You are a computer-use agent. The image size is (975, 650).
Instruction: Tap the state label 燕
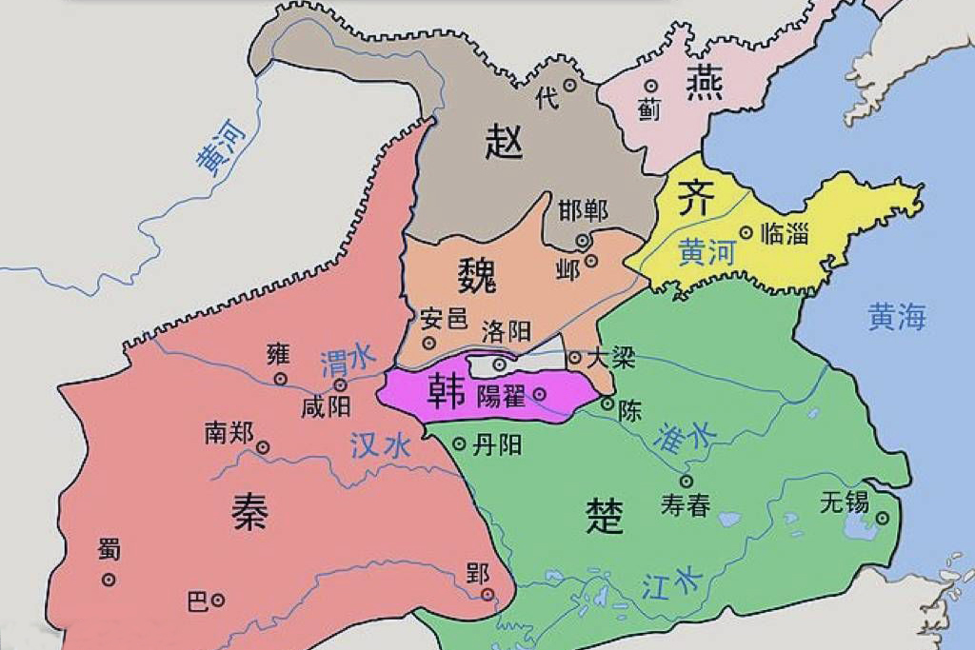tap(704, 84)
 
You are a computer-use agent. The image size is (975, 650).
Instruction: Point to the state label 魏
tap(476, 277)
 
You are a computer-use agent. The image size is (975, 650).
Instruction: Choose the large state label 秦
tap(249, 512)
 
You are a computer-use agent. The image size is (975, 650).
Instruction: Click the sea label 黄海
tap(896, 317)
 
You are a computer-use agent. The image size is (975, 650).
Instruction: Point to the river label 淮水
tap(686, 435)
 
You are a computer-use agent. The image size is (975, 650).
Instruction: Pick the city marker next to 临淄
tap(746, 231)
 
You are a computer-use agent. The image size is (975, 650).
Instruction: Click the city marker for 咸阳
tap(341, 385)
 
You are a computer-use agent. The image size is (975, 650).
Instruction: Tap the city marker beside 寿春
tap(686, 482)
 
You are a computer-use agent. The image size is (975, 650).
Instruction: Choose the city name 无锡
tap(845, 501)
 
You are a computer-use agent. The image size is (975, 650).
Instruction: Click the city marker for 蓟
tap(651, 86)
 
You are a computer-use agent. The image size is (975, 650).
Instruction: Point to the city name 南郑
tap(229, 433)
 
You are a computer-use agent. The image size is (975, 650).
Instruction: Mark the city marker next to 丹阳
tap(459, 443)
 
